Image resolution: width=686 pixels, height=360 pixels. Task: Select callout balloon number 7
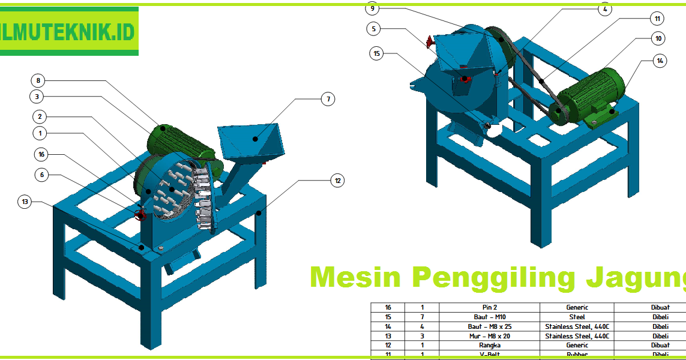(x=327, y=99)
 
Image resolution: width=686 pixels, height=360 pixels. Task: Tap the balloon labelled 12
(x=338, y=180)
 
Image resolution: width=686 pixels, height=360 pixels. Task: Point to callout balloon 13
(x=25, y=202)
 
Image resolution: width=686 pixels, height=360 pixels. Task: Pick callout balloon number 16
(x=41, y=154)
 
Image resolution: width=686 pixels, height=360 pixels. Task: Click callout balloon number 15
(x=377, y=53)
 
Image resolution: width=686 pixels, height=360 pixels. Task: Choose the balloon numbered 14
(x=660, y=61)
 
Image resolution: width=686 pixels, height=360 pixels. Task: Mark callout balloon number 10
(x=658, y=38)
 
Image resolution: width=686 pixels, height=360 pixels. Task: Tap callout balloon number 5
(x=374, y=28)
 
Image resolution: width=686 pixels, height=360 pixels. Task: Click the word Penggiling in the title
(x=490, y=278)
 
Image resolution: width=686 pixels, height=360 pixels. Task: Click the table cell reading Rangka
(x=490, y=345)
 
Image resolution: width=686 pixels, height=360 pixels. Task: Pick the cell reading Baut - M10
(x=490, y=317)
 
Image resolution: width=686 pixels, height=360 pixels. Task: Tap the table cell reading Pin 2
(x=490, y=307)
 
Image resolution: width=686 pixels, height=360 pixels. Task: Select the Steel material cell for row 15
(x=576, y=317)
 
